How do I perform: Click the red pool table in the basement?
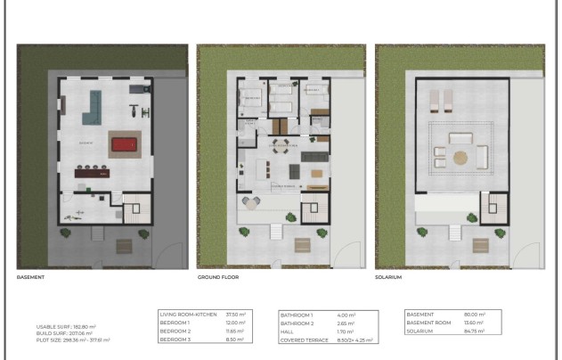124,144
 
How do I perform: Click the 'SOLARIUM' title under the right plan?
389,277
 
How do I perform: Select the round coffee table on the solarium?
460,158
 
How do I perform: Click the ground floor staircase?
314,212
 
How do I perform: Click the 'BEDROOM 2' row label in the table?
175,331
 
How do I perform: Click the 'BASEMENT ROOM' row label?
430,323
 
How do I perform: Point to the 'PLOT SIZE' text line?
73,340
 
